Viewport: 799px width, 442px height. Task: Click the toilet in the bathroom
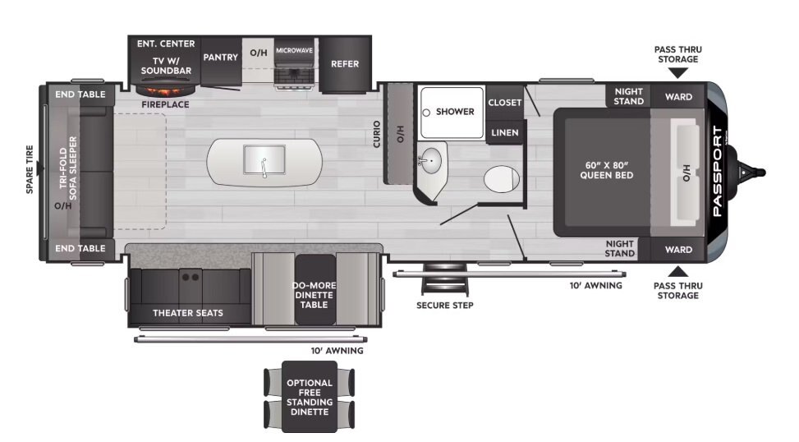[502, 179]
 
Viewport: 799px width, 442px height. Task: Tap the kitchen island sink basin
[264, 159]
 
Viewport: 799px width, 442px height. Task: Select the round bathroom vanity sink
[430, 160]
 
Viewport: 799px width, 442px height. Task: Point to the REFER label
[344, 64]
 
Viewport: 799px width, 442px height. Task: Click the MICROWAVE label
[294, 50]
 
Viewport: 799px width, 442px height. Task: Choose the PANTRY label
[221, 57]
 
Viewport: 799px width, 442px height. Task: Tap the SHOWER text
[455, 112]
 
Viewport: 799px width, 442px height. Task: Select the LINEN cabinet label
[504, 132]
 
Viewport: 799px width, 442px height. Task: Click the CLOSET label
[504, 103]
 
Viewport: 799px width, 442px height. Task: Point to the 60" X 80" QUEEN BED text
[606, 170]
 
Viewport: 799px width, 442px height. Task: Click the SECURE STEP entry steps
[445, 279]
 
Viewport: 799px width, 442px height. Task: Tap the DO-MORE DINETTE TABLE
[315, 289]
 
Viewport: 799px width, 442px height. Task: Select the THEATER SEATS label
[188, 313]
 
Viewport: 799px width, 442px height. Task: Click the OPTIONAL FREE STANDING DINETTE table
[310, 397]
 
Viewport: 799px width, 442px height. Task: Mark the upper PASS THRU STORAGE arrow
[677, 73]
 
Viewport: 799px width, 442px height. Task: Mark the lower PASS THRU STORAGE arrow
[677, 271]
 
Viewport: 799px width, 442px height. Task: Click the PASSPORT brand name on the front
[718, 171]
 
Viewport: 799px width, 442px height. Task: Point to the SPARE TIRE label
[30, 169]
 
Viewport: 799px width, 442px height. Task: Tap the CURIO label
[377, 134]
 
